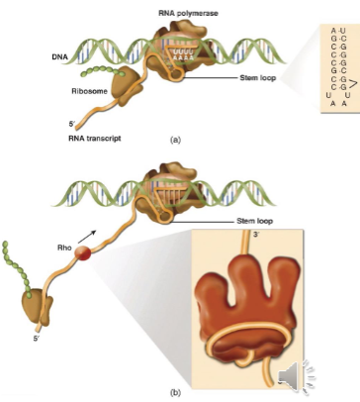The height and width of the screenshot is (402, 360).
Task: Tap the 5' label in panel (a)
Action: (72, 125)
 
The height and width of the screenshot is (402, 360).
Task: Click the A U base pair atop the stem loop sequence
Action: (335, 33)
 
